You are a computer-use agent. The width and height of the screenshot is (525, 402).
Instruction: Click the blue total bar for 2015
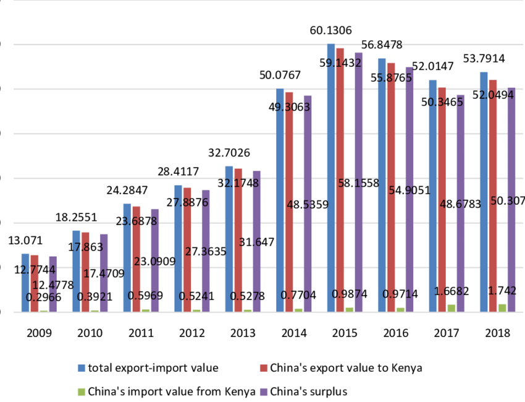(x=331, y=179)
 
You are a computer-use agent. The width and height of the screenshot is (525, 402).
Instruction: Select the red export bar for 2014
(x=289, y=204)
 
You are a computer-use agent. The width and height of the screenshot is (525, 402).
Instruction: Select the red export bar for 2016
(x=391, y=186)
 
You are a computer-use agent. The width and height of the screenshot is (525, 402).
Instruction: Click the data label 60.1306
(x=332, y=31)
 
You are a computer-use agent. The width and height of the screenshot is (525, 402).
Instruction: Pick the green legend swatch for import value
(x=82, y=391)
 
